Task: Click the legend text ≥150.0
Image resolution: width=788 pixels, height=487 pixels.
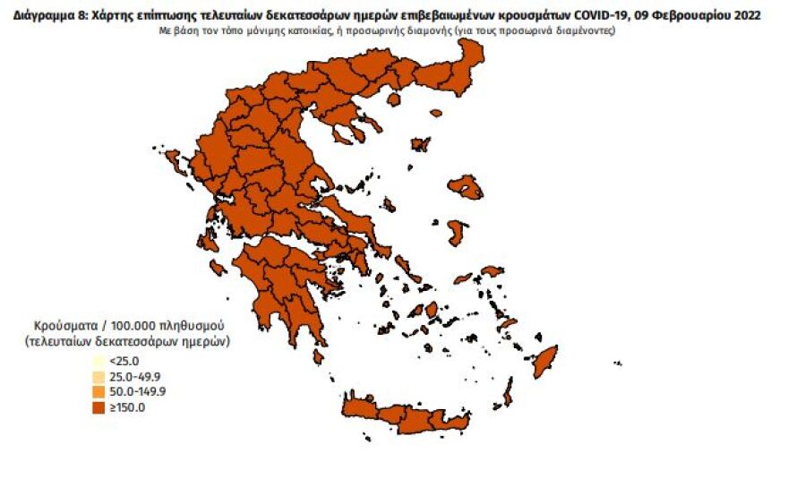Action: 126,407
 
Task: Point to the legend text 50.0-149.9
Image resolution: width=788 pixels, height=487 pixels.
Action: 136,391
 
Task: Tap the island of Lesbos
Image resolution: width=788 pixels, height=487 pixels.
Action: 466,187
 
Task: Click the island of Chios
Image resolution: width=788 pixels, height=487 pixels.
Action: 456,232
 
